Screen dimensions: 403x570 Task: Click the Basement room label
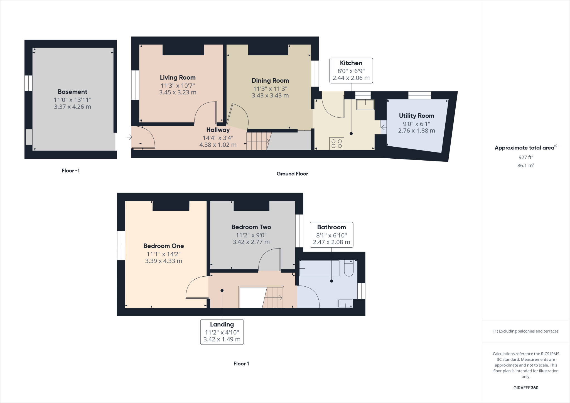72,92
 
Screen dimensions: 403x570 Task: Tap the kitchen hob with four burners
336,144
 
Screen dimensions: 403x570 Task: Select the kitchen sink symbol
365,105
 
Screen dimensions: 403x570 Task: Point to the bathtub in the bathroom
319,269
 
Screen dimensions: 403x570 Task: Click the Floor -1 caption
71,171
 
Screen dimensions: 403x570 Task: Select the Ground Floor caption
292,174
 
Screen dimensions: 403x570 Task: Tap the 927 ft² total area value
526,157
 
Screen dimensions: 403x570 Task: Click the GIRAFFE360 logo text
526,388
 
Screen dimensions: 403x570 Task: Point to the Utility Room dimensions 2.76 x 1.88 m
416,131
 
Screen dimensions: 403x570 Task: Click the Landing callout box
222,332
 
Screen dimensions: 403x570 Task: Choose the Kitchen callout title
351,63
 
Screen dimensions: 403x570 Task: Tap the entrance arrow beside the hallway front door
129,137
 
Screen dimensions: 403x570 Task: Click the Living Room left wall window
135,85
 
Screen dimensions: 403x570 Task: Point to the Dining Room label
270,81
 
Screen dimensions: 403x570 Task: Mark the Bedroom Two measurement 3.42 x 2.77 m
251,242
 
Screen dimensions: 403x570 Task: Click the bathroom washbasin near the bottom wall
345,303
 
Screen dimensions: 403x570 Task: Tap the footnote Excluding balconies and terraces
526,331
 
